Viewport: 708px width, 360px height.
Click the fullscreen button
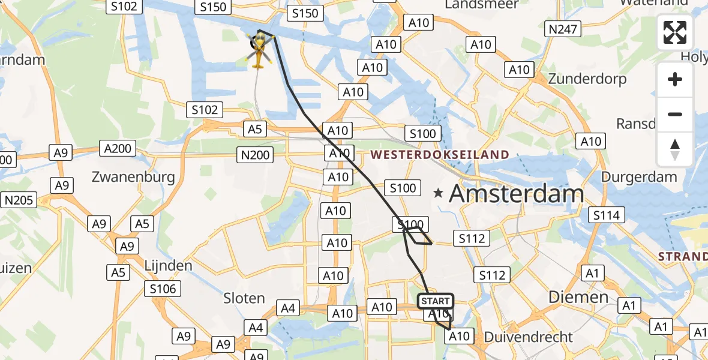pyautogui.click(x=675, y=32)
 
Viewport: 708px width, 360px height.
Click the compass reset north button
pyautogui.click(x=675, y=149)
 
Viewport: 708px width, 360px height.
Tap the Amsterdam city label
pyautogui.click(x=516, y=194)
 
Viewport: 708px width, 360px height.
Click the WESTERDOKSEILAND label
pyautogui.click(x=440, y=155)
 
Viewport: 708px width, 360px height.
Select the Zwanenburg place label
pyautogui.click(x=133, y=177)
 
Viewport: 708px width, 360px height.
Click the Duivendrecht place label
pyautogui.click(x=529, y=337)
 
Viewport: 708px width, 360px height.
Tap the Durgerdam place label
pyautogui.click(x=639, y=177)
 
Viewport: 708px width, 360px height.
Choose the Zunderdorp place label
pyautogui.click(x=587, y=79)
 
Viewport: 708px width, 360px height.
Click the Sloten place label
pyautogui.click(x=244, y=298)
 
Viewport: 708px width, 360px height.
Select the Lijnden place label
pyautogui.click(x=168, y=265)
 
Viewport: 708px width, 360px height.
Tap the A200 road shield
pyautogui.click(x=118, y=148)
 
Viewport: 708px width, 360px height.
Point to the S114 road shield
pyautogui.click(x=607, y=215)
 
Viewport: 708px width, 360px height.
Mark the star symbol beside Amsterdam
pyautogui.click(x=439, y=193)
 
